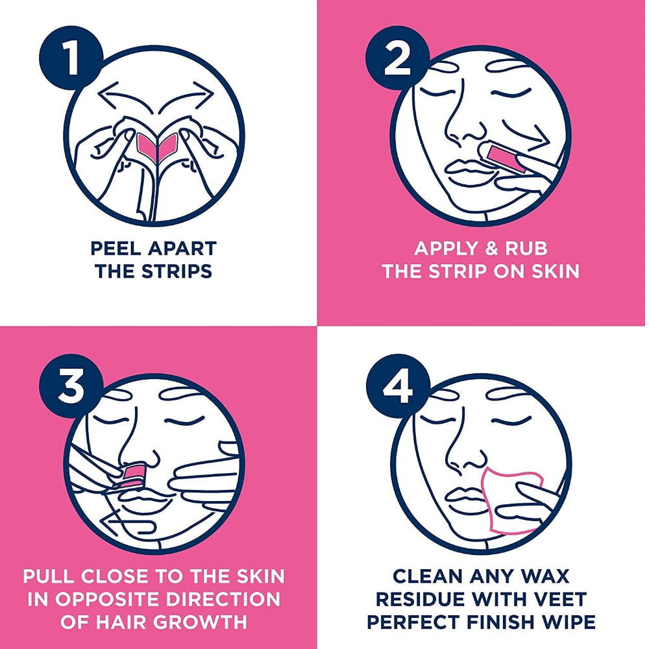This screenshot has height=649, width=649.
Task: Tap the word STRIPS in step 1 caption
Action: click(x=177, y=271)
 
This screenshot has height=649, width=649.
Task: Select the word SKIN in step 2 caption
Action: click(x=552, y=271)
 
